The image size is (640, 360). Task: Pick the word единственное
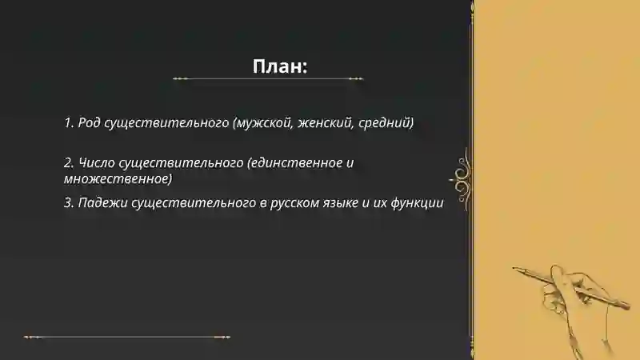point(296,162)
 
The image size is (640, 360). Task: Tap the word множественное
point(118,178)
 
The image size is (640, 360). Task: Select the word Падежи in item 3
point(101,203)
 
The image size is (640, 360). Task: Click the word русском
point(298,203)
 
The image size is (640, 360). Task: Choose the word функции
point(417,203)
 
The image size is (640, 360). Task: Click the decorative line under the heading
point(268,79)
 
